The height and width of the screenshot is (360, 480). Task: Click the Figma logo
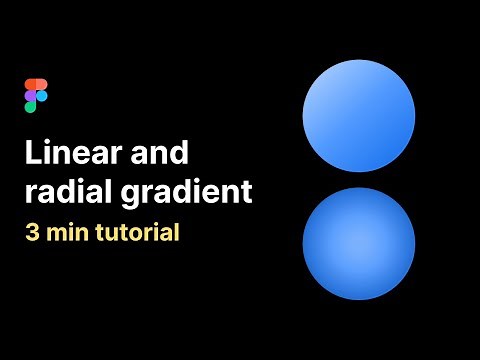(36, 95)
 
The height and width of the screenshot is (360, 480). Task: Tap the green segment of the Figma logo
(31, 107)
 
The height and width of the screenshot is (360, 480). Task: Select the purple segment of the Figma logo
(31, 95)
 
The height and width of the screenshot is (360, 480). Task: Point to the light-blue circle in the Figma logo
(42, 95)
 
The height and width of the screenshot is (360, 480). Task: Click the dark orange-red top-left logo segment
(31, 83)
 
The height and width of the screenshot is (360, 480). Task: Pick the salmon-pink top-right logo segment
(42, 83)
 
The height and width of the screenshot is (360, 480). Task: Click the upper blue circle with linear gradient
(359, 115)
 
